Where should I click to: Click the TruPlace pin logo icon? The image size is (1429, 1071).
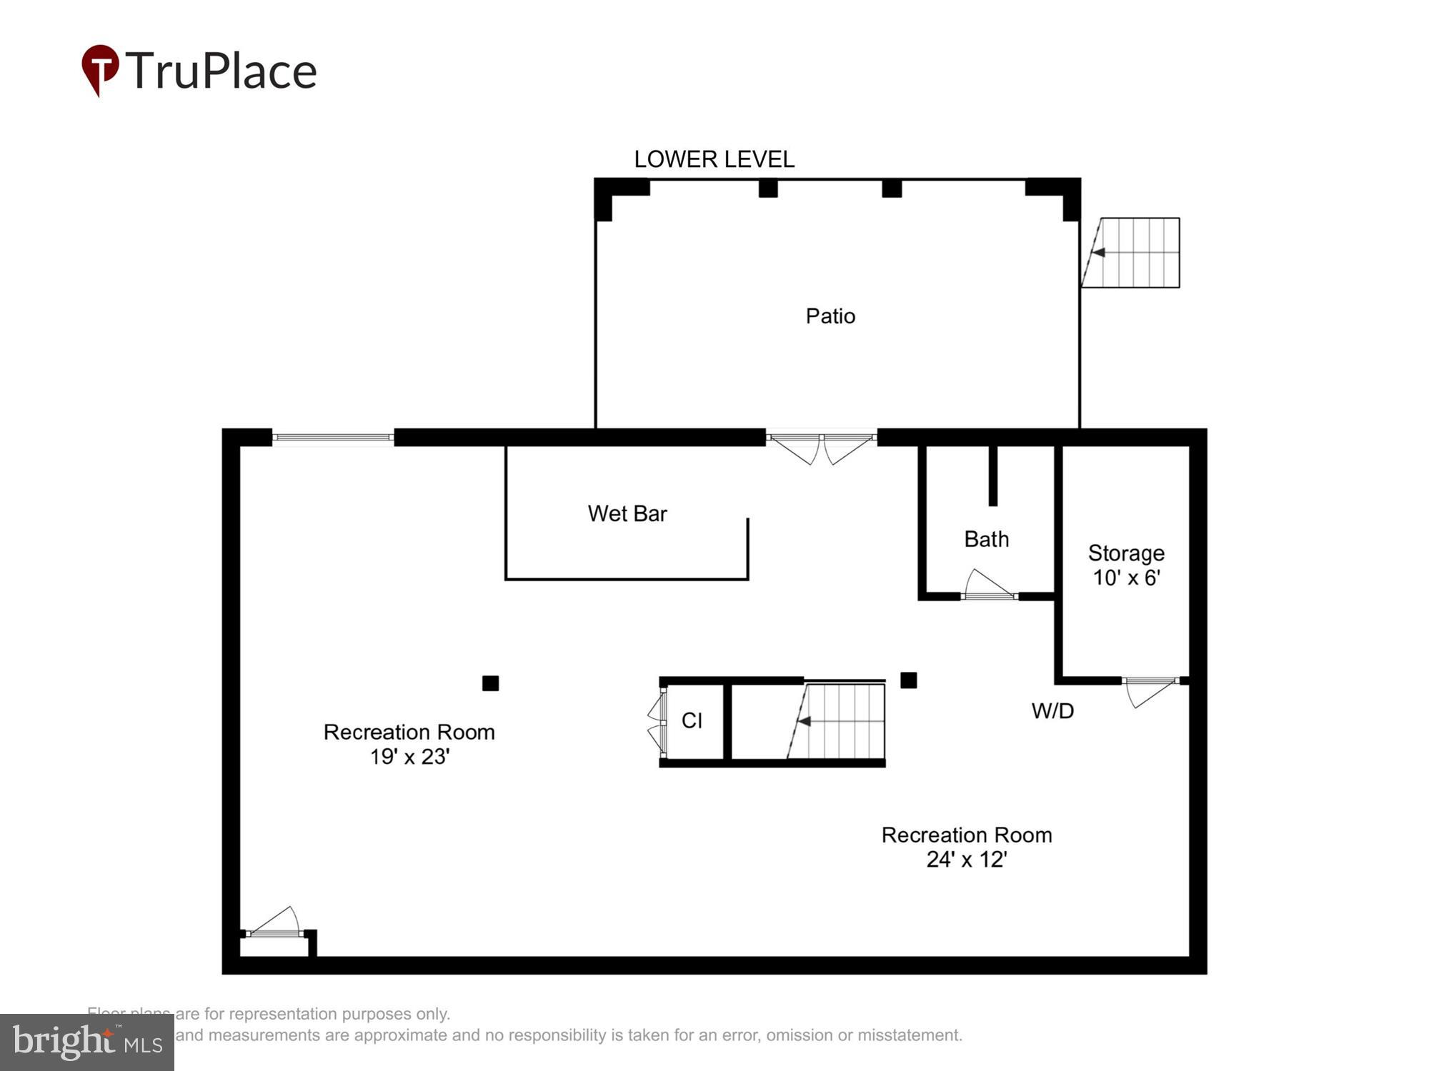click(100, 69)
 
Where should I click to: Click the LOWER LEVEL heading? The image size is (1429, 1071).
click(714, 159)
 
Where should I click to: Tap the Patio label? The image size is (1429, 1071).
click(830, 316)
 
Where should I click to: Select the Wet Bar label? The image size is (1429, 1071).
click(627, 513)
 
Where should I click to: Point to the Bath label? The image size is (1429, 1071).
click(986, 539)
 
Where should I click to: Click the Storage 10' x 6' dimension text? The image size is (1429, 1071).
click(1126, 577)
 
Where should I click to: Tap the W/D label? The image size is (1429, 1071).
click(1052, 710)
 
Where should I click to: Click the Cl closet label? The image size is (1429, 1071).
click(692, 720)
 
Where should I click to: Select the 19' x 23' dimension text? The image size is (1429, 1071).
click(409, 756)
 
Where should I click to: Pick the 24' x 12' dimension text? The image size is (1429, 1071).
click(966, 859)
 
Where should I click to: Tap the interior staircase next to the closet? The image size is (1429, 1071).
click(840, 721)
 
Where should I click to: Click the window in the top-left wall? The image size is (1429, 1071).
click(333, 437)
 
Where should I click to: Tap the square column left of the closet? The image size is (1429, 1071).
click(490, 683)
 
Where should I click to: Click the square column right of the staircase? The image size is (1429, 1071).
click(908, 680)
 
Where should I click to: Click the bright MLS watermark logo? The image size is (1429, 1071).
click(87, 1042)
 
